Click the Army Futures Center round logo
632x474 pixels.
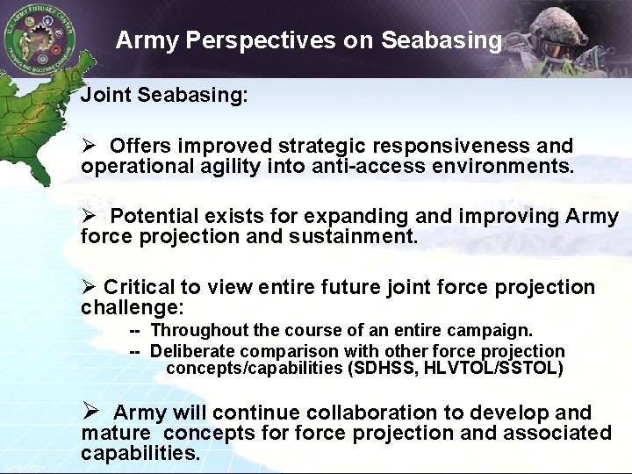pyautogui.click(x=39, y=39)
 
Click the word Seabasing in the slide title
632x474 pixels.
pyautogui.click(x=450, y=40)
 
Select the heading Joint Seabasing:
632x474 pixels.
pyautogui.click(x=164, y=96)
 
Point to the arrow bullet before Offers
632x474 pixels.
pyautogui.click(x=89, y=146)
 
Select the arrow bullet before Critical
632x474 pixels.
pyautogui.click(x=89, y=288)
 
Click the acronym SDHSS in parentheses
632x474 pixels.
pyautogui.click(x=384, y=368)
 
